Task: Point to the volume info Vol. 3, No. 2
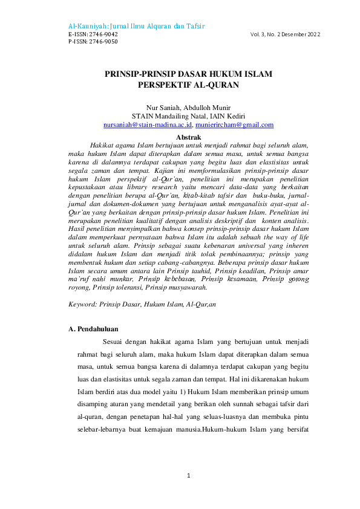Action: (x=270, y=34)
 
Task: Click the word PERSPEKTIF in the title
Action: (x=161, y=85)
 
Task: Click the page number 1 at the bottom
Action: (x=189, y=475)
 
